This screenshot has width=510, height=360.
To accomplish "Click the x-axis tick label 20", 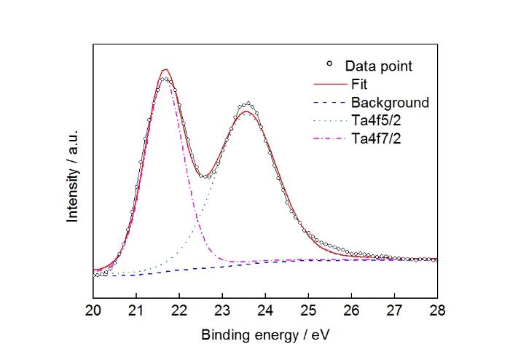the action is click(93, 310).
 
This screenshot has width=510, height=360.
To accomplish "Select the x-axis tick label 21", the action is click(136, 310).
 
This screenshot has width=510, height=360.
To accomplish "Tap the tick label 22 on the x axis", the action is click(179, 310).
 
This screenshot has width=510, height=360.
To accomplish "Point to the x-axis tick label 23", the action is click(222, 310).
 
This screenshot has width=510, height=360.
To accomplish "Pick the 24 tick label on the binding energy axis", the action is click(265, 310).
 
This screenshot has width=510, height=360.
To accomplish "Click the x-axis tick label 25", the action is click(308, 310).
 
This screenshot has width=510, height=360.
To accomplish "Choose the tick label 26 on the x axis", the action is click(352, 310).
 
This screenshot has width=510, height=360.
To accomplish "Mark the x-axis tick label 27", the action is click(395, 310).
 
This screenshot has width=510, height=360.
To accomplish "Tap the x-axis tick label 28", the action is click(437, 310).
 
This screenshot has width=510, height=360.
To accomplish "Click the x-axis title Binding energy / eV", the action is click(265, 335).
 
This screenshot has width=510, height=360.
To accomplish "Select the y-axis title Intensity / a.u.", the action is click(73, 176).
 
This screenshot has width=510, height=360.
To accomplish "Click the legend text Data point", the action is click(379, 66).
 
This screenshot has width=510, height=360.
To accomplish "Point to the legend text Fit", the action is click(359, 85).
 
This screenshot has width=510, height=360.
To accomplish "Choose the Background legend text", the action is click(391, 103).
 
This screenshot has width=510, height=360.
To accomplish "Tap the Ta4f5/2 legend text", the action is click(377, 121).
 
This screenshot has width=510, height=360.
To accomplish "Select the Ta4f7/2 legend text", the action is click(377, 139).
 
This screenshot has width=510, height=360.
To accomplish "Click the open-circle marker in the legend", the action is click(329, 63).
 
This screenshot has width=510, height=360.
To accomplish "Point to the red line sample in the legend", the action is click(331, 85).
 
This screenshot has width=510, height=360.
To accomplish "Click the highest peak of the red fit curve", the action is click(166, 69).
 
